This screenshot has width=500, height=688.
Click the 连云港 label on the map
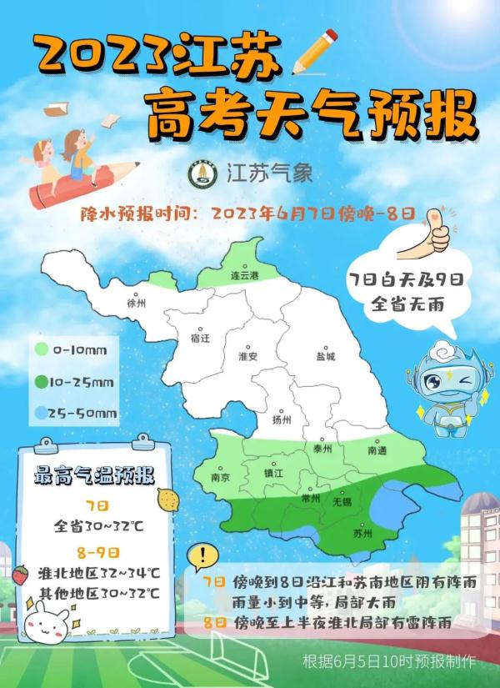pyautogui.click(x=245, y=274)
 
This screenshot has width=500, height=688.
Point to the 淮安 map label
pyautogui.click(x=248, y=356)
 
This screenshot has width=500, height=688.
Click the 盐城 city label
pyautogui.click(x=325, y=356)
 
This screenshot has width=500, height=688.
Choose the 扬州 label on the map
pyautogui.click(x=283, y=420)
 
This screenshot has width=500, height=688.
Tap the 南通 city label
pyautogui.click(x=377, y=449)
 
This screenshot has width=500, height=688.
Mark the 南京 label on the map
pyautogui.click(x=221, y=479)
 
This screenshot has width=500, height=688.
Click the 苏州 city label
pyautogui.click(x=362, y=531)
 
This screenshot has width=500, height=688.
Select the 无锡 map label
pyautogui.click(x=342, y=502)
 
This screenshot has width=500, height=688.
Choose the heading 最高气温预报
pyautogui.click(x=93, y=477)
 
